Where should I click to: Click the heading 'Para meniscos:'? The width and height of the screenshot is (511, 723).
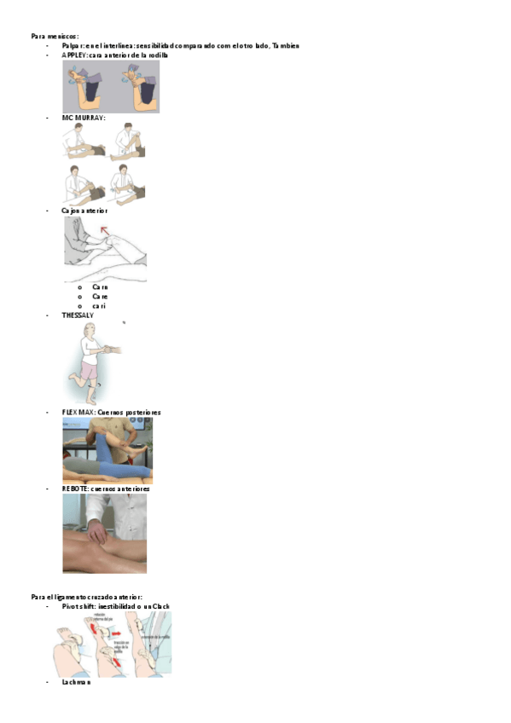point(55,37)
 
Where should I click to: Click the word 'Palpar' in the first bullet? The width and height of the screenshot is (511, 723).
point(73,45)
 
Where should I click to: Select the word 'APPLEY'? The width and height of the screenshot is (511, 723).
point(75,55)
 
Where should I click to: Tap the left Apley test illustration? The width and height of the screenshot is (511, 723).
point(86,87)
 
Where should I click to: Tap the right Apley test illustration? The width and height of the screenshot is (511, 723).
point(136,87)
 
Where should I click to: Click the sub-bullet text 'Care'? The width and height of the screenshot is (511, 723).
point(100,297)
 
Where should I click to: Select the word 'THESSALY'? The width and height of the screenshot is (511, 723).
point(78,315)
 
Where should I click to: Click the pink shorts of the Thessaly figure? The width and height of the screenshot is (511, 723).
point(88,369)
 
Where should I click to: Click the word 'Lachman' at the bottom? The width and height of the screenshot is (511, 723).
point(76,682)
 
